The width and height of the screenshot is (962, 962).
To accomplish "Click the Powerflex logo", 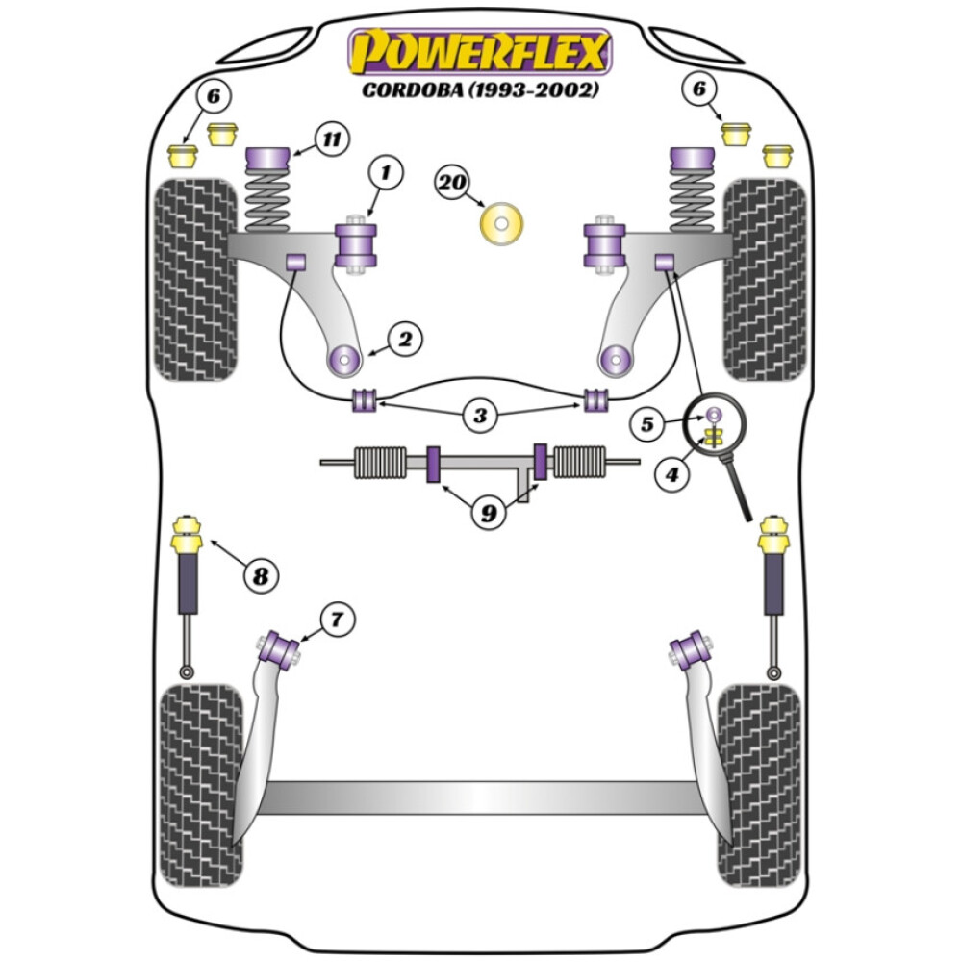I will click(480, 52).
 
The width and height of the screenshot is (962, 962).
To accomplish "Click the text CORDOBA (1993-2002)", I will click(480, 91).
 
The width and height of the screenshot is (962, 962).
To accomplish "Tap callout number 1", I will click(385, 174).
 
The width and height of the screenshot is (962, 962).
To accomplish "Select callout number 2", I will click(404, 339).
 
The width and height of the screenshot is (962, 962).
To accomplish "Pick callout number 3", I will click(479, 417).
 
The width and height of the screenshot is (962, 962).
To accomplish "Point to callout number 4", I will click(672, 473).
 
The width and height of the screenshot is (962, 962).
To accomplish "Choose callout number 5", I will click(647, 422).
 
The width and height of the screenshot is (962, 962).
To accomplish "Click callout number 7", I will click(336, 620).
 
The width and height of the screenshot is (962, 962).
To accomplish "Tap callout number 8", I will click(259, 576).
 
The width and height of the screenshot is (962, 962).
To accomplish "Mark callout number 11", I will click(332, 140).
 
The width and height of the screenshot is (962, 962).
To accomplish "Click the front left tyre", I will click(196, 279).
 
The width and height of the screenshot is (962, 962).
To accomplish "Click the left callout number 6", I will click(213, 96).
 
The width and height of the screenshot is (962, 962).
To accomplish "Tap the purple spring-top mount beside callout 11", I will click(269, 157).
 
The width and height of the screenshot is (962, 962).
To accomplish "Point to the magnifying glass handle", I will click(739, 490).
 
